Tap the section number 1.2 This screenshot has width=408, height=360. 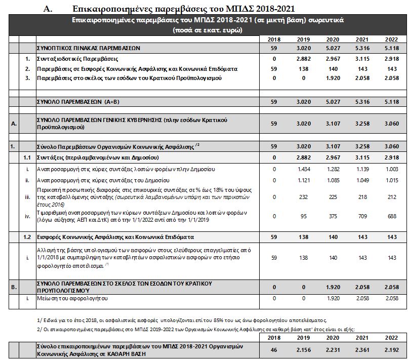point(28,236)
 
